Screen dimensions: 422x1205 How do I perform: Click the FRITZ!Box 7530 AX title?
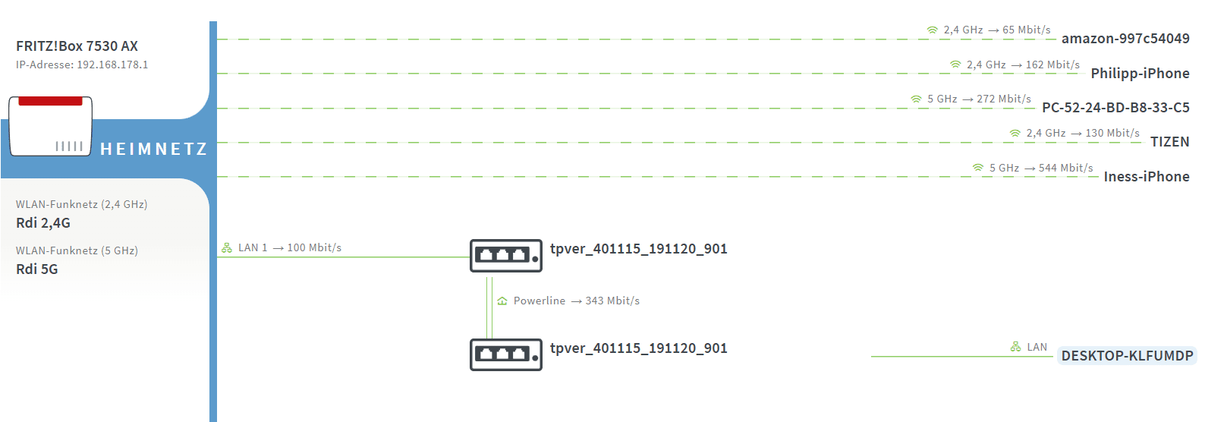pyautogui.click(x=77, y=46)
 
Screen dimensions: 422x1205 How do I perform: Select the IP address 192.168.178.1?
pyautogui.click(x=112, y=65)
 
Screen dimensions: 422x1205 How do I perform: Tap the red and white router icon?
pyautogui.click(x=50, y=126)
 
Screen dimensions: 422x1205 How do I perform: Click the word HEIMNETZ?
pyautogui.click(x=153, y=150)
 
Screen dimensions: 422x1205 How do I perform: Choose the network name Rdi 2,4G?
pyautogui.click(x=43, y=223)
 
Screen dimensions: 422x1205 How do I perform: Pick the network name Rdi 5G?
pyautogui.click(x=37, y=269)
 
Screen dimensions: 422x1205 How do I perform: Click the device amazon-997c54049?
pyautogui.click(x=1125, y=39)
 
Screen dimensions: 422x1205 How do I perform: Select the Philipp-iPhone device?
pyautogui.click(x=1140, y=74)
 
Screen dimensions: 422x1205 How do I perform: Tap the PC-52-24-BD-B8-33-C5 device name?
pyautogui.click(x=1115, y=108)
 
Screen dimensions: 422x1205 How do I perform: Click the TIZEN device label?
pyautogui.click(x=1169, y=142)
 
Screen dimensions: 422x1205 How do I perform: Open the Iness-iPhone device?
pyautogui.click(x=1146, y=177)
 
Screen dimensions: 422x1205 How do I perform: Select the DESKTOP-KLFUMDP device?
pyautogui.click(x=1127, y=356)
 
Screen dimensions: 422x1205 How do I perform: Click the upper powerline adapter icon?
pyautogui.click(x=505, y=256)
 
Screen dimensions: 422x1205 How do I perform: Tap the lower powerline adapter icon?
pyautogui.click(x=505, y=354)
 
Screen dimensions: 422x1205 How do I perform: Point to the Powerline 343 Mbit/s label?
pyautogui.click(x=576, y=301)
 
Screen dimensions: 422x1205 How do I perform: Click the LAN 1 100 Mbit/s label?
pyautogui.click(x=289, y=248)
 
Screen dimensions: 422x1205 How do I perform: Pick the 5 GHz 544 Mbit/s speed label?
pyautogui.click(x=1040, y=168)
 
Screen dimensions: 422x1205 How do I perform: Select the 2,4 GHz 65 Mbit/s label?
pyautogui.click(x=996, y=30)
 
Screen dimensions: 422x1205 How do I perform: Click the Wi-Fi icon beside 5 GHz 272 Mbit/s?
pyautogui.click(x=916, y=99)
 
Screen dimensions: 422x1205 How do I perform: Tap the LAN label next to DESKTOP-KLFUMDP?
pyautogui.click(x=1037, y=347)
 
